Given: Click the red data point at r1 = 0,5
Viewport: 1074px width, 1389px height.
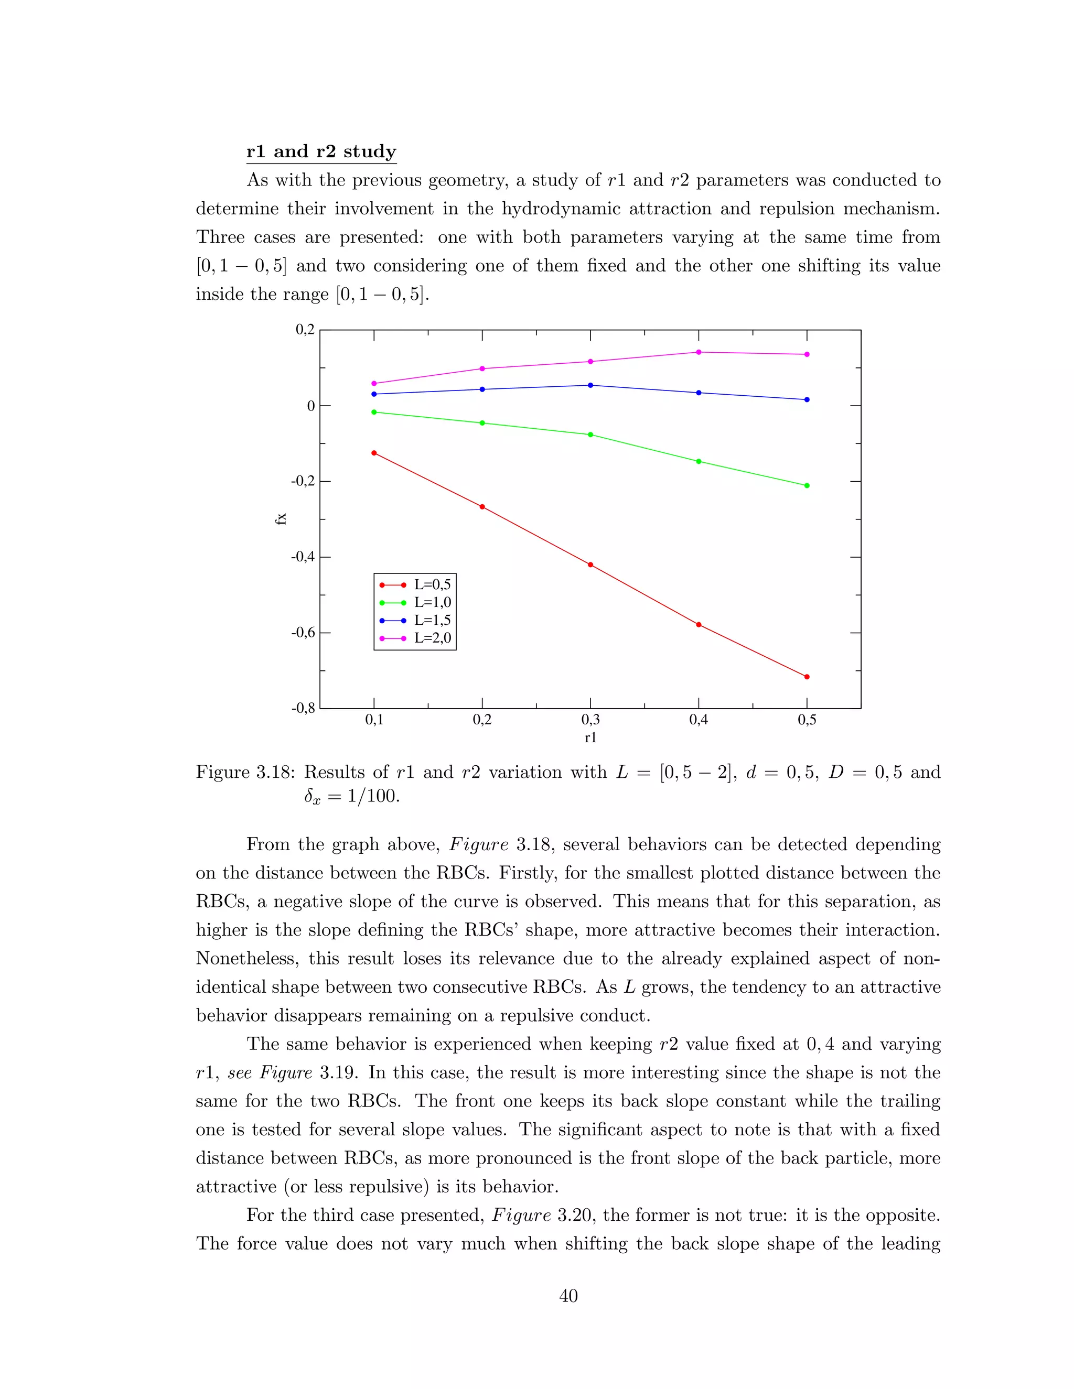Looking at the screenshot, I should tap(807, 677).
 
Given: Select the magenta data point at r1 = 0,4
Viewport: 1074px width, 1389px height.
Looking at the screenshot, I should tap(699, 352).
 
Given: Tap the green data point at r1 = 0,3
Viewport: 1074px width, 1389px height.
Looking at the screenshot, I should tap(590, 435).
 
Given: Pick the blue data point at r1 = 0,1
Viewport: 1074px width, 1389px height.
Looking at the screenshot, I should tap(373, 394).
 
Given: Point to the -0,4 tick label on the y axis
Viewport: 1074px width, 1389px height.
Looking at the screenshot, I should tap(303, 557).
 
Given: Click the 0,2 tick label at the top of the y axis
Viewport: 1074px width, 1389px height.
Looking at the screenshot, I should tap(305, 330).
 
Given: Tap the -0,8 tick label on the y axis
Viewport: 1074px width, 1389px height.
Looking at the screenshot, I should tap(303, 709).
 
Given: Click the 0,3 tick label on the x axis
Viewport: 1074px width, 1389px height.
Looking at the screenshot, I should tap(590, 720).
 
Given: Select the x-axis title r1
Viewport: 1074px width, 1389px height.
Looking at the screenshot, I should tap(590, 738).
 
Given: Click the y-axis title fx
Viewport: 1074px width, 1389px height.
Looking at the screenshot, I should tap(281, 518).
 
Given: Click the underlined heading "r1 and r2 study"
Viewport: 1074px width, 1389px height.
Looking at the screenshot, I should tap(321, 152).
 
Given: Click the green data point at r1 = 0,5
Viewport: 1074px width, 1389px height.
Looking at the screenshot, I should tap(807, 485).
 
